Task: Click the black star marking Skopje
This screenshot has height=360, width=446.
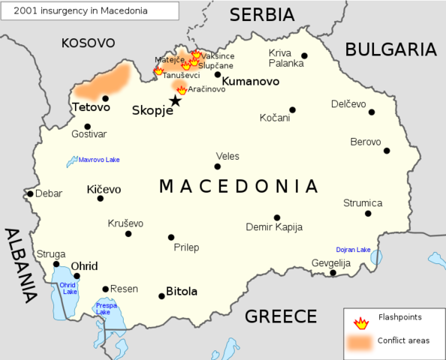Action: coord(175,100)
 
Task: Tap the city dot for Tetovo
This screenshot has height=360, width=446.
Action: coord(106,98)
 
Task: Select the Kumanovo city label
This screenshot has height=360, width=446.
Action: coord(251,82)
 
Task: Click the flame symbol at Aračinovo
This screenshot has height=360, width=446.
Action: coord(182,90)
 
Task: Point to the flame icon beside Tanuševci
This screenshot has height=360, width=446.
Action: coord(158,71)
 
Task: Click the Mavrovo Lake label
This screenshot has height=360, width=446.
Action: coord(99,160)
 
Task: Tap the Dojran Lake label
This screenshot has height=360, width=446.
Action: coord(353,250)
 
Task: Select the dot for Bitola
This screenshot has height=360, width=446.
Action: coord(161,296)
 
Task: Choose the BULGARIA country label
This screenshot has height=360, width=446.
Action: coord(390,49)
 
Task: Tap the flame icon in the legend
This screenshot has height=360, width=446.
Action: coord(361,322)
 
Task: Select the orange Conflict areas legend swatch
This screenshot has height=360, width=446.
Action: coord(361,341)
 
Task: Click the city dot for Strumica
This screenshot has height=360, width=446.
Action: coord(368,214)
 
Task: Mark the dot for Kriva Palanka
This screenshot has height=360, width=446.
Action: coord(304,55)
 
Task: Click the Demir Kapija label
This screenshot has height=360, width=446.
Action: coord(274,227)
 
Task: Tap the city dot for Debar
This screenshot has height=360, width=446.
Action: coord(30,193)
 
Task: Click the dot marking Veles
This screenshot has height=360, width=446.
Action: coord(218,166)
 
